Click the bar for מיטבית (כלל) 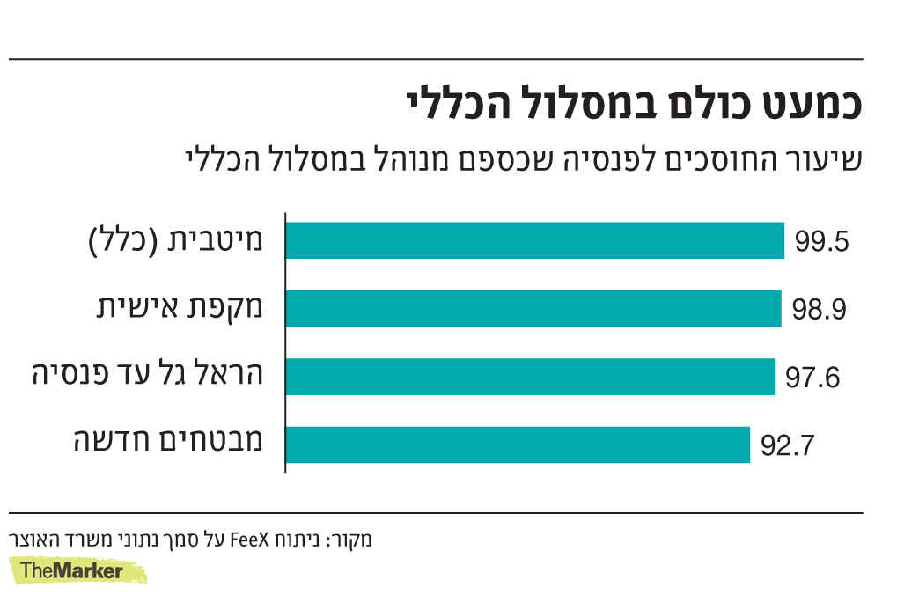pyautogui.click(x=535, y=240)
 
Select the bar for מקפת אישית pyautogui.click(x=533, y=308)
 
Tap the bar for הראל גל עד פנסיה pyautogui.click(x=530, y=376)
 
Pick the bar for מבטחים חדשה pyautogui.click(x=518, y=444)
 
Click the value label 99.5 pyautogui.click(x=820, y=242)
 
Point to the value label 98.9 pyautogui.click(x=818, y=310)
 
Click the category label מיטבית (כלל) pyautogui.click(x=178, y=240)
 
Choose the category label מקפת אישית pyautogui.click(x=180, y=308)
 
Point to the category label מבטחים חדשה pyautogui.click(x=169, y=441)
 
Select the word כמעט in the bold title pyautogui.click(x=812, y=103)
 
